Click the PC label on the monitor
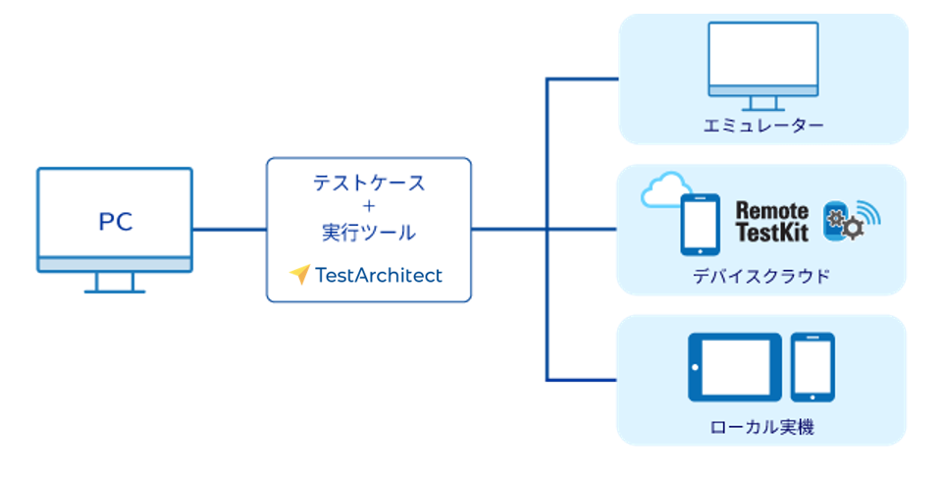click(115, 222)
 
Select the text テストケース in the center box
click(369, 183)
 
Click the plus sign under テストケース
click(369, 207)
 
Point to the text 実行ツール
click(369, 233)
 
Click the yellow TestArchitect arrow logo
click(299, 275)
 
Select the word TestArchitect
click(379, 275)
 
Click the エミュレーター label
click(763, 126)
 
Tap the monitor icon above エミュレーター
click(763, 63)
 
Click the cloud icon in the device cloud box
click(665, 191)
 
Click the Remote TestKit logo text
click(772, 221)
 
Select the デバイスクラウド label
click(761, 276)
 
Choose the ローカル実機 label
click(761, 427)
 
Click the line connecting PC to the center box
click(230, 230)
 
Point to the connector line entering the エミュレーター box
click(584, 79)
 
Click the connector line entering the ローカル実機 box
click(584, 379)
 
